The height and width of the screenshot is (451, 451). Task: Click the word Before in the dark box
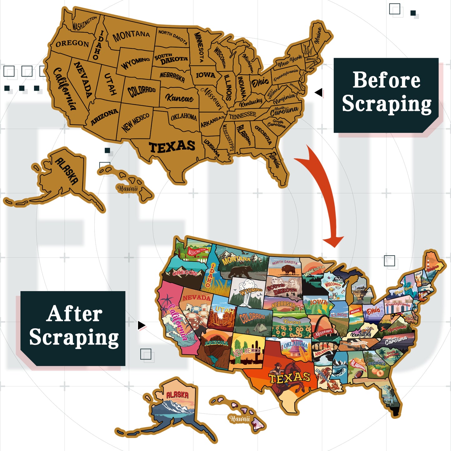tap(386, 80)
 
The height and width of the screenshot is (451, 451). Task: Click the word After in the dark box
tap(75, 314)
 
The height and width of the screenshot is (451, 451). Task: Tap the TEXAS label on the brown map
tap(172, 147)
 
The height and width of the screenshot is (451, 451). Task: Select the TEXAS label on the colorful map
tap(289, 378)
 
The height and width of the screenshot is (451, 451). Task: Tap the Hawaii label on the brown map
tap(127, 189)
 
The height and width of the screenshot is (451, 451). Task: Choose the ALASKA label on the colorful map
tap(177, 395)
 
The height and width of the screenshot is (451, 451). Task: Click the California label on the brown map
tap(65, 89)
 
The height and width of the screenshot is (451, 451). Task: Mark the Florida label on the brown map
tap(275, 160)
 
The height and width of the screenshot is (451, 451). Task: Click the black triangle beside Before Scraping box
tap(318, 92)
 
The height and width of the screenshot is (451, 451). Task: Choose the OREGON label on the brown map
tap(72, 43)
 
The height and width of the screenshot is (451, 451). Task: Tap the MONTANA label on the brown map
tap(131, 36)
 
